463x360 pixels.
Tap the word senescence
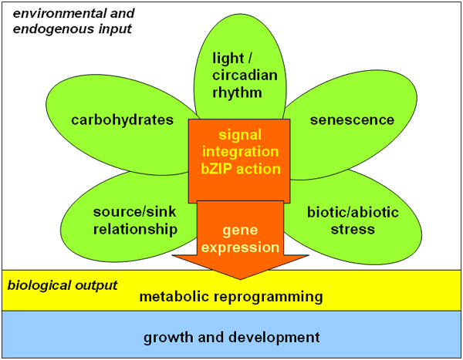tap(352, 119)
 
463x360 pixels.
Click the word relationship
tap(135, 229)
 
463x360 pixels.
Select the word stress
tap(350, 229)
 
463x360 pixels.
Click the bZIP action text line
tap(239, 169)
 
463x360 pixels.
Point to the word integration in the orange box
tap(239, 151)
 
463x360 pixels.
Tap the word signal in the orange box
tap(239, 133)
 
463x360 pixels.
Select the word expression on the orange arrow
tap(239, 247)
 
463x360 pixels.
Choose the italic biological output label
tap(63, 285)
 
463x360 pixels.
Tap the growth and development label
tap(231, 337)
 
